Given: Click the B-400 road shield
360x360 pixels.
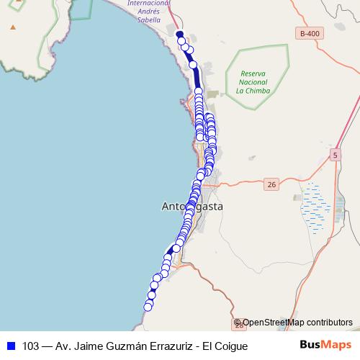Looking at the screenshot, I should coord(310,34).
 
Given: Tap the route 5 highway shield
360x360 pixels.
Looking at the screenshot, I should coord(336,156).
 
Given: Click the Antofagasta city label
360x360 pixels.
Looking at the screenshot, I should coord(192,207).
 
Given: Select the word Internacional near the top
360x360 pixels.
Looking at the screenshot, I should coord(149,4).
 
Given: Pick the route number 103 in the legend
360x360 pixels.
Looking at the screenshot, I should coord(31,346).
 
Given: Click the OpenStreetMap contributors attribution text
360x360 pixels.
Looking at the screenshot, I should coord(297,323).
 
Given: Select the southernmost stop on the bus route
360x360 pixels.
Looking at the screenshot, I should coord(148,307).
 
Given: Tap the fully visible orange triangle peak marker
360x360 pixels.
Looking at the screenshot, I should coord(12,27).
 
